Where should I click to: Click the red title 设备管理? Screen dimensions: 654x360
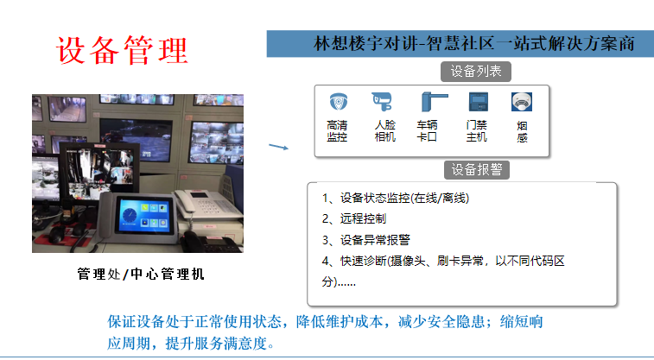point(122,50)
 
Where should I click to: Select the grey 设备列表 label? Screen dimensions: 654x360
point(476,72)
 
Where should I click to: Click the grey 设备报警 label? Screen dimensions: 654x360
point(477,169)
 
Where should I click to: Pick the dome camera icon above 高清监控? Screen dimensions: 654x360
point(338,102)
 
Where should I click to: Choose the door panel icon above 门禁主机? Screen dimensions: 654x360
point(478,102)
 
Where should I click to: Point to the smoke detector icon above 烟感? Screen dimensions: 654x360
point(522,102)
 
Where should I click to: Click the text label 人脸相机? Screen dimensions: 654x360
point(385,131)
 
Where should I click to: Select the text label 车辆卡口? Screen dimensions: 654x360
point(427,131)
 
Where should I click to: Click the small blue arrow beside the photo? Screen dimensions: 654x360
point(278,146)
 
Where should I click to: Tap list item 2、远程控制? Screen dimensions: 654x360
point(354,218)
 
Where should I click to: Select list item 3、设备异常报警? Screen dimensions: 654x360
point(365,240)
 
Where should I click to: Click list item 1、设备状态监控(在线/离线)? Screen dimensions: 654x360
point(396,198)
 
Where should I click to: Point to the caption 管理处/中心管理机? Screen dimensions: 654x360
point(141,274)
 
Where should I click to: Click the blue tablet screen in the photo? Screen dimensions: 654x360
point(144,215)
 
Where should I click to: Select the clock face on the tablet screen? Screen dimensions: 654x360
point(129,216)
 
